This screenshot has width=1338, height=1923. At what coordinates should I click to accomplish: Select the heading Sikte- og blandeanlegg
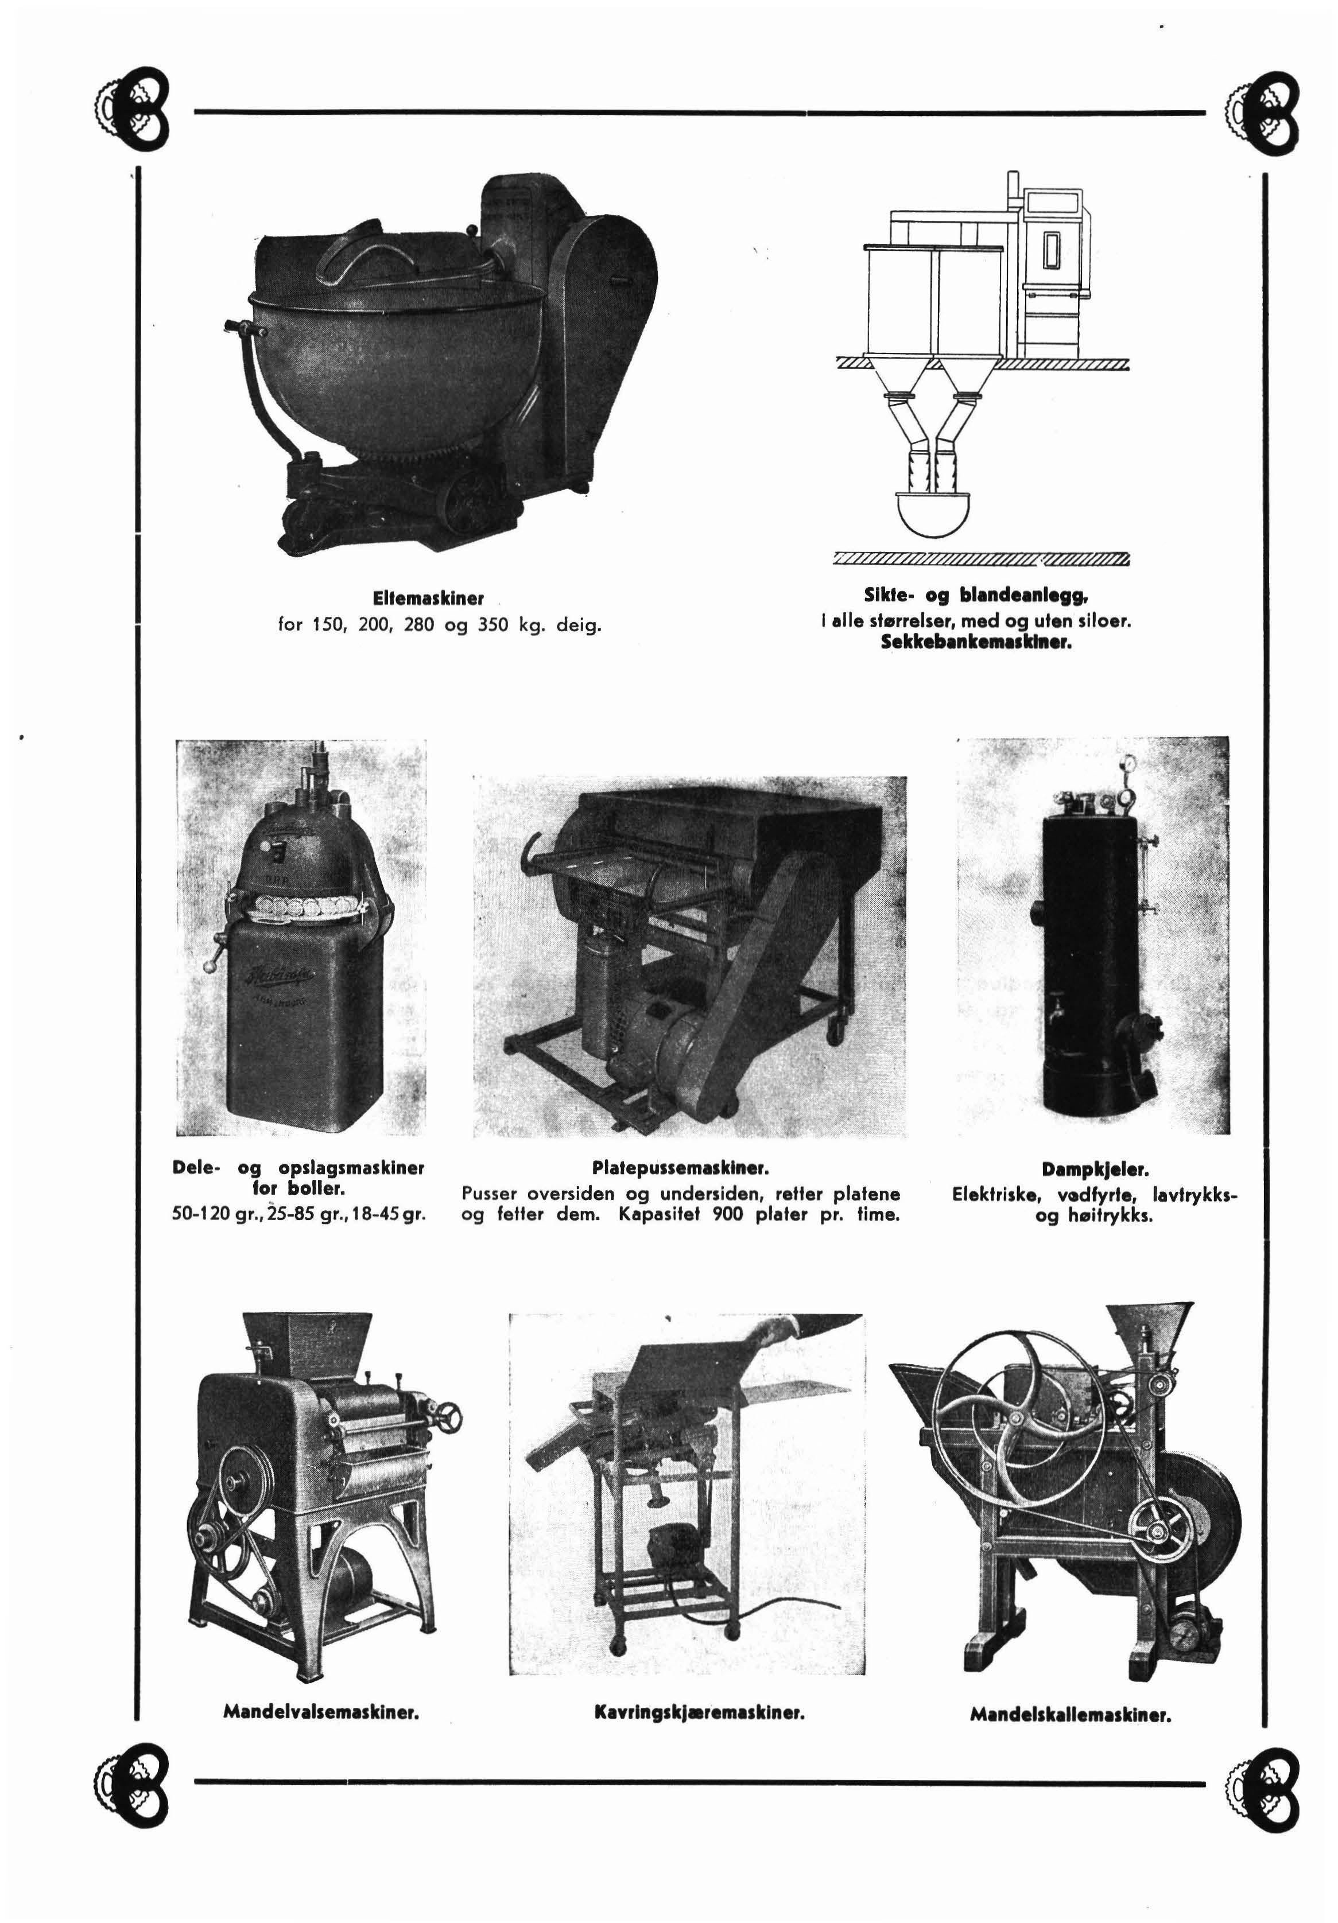(x=976, y=596)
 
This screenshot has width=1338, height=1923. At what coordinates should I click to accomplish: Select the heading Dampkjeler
(x=1094, y=1168)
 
